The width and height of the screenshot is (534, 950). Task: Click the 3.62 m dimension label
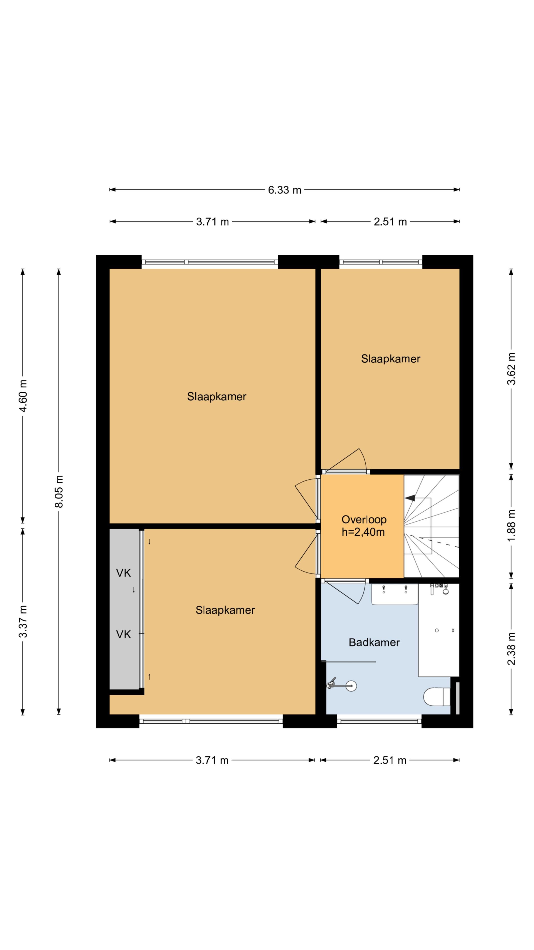511,368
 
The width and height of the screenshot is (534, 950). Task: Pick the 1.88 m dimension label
511,526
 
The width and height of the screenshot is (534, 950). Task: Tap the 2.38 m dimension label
511,649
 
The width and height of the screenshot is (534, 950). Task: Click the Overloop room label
364,520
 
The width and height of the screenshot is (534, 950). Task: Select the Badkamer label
374,642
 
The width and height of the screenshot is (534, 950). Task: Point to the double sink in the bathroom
394,594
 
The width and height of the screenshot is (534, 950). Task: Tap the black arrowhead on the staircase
410,498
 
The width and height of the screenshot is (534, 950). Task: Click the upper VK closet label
123,573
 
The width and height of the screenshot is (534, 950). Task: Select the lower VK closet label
123,634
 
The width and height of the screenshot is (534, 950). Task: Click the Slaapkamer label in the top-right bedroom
391,359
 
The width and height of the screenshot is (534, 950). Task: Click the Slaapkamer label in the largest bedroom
217,396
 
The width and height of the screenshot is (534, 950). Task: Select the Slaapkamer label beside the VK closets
225,610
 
